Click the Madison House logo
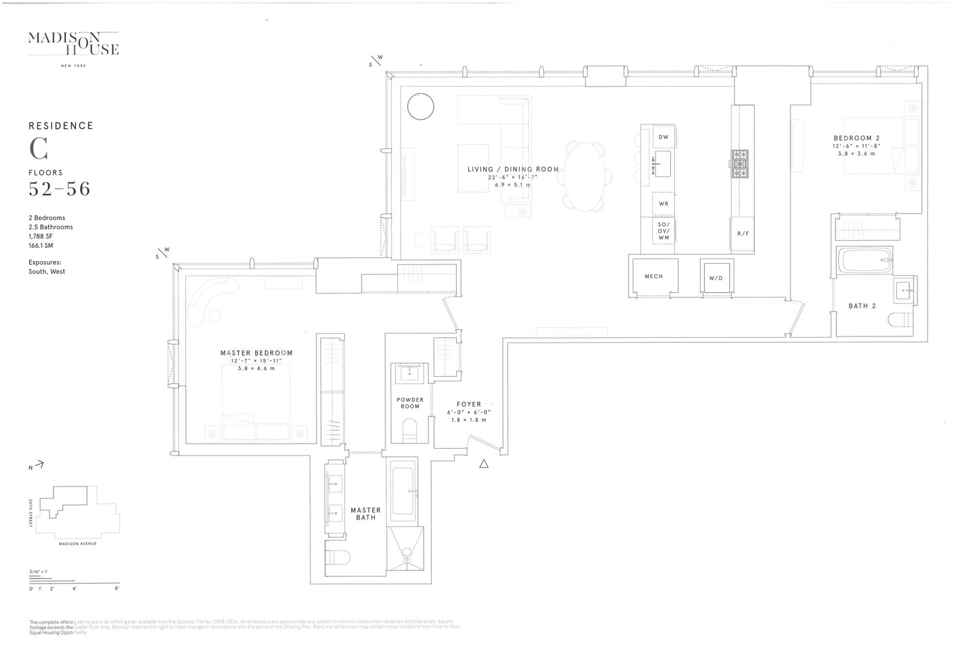point(73,44)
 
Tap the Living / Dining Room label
point(513,169)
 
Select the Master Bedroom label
point(256,353)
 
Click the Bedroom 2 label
point(856,138)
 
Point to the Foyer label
point(469,405)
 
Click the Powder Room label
point(410,403)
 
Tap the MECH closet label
point(653,276)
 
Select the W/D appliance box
point(716,278)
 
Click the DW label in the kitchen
point(663,137)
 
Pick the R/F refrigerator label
point(743,234)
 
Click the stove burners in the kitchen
point(739,163)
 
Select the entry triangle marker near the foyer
point(484,464)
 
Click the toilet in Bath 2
point(902,321)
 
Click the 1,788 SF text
point(41,236)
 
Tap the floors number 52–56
point(59,189)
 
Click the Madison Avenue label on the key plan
point(77,543)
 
